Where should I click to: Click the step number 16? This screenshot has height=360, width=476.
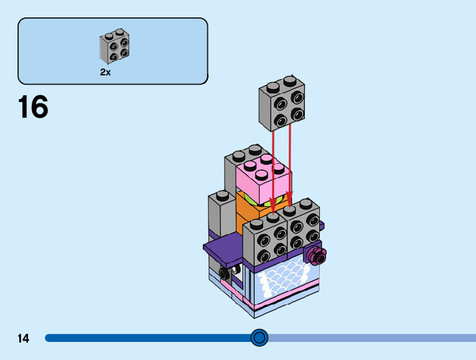tap(33, 107)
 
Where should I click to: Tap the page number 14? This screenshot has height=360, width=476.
tap(24, 339)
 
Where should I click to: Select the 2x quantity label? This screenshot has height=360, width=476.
tap(106, 72)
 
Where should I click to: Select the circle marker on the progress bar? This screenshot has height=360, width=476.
tap(259, 338)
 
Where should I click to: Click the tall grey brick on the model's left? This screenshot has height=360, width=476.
tap(219, 215)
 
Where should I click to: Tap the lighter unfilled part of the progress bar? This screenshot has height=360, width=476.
tap(373, 338)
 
